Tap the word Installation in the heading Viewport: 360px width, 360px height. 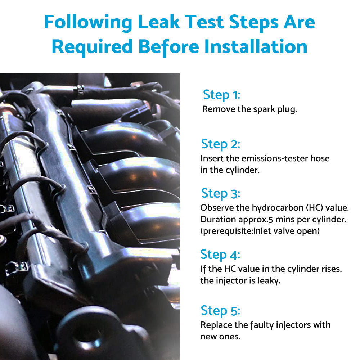coord(256,47)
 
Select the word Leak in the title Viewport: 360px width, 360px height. coord(159,22)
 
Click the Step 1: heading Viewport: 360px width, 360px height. coord(221,95)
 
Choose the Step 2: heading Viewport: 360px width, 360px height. coord(221,144)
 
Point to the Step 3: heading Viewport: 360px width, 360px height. coord(221,194)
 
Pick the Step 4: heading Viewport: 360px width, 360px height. coord(220,255)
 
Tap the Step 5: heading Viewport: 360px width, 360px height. coord(220,311)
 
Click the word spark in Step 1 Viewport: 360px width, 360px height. coord(264,110)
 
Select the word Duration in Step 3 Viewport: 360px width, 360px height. coord(218,220)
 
